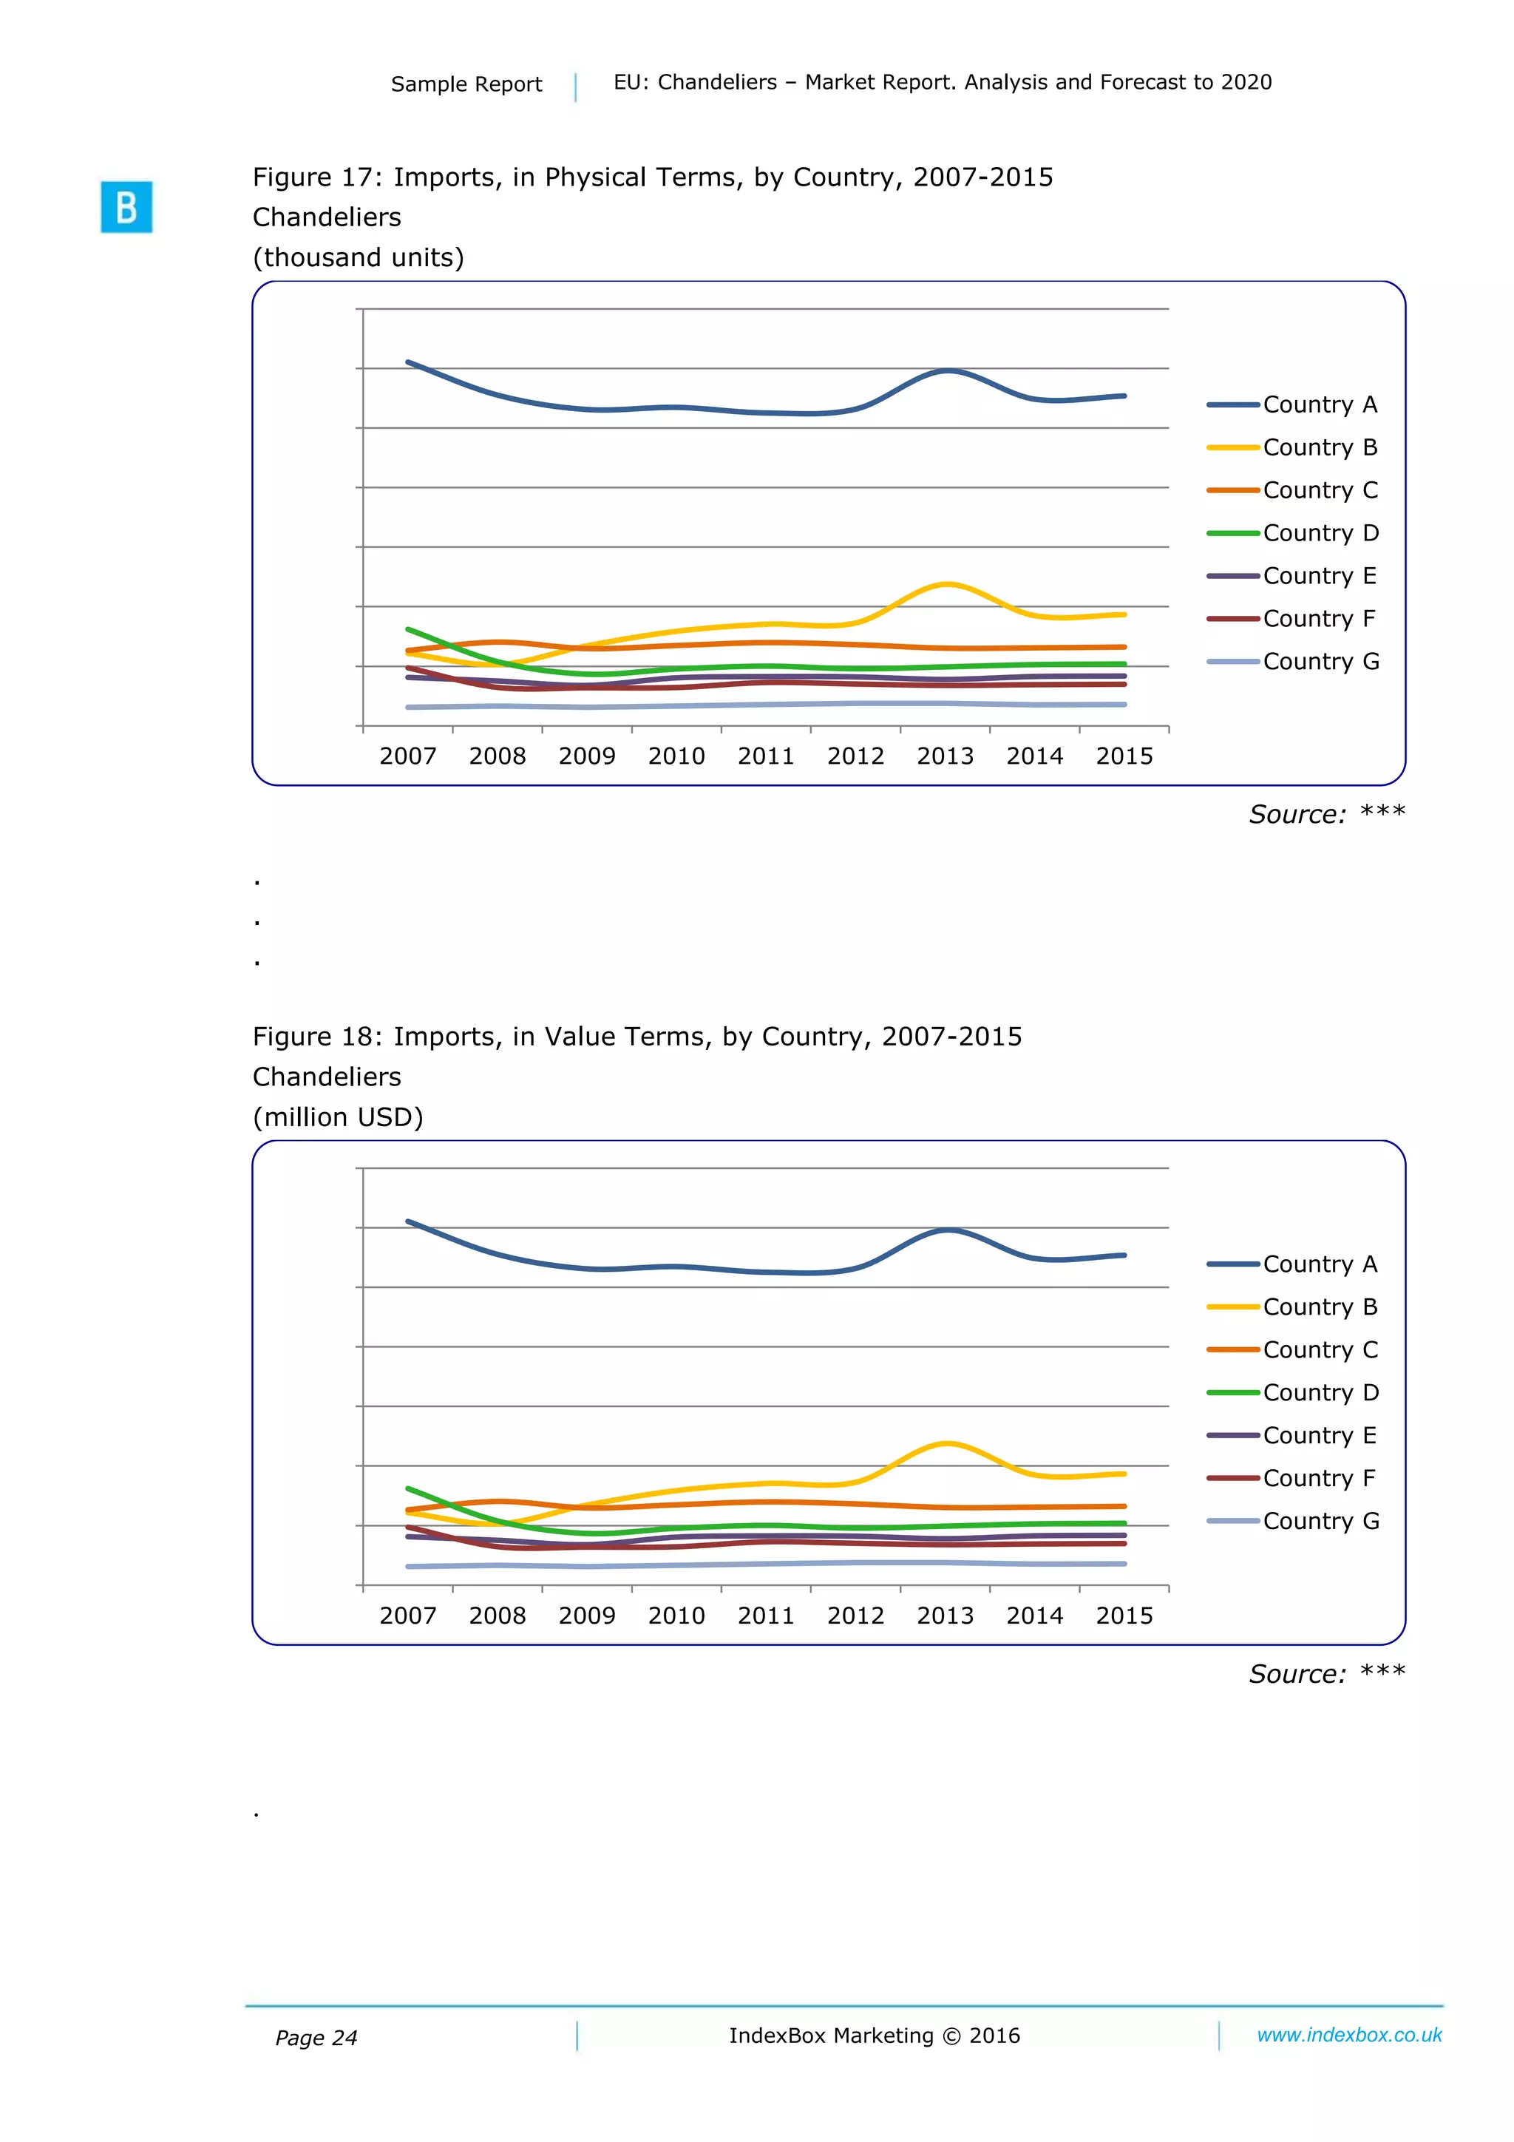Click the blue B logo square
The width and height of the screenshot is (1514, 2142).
(x=126, y=206)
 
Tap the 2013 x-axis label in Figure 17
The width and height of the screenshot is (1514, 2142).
(x=944, y=756)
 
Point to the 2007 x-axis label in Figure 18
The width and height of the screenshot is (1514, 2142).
(x=407, y=1616)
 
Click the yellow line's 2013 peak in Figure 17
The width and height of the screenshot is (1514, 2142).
(x=946, y=585)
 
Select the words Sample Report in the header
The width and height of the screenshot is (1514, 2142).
(x=466, y=84)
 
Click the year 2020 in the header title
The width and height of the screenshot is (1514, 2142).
(x=1246, y=82)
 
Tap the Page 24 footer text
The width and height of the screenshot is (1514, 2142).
(x=316, y=2038)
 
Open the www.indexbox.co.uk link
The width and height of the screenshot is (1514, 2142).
(x=1349, y=2035)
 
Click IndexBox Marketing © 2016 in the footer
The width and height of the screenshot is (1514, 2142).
(x=874, y=2036)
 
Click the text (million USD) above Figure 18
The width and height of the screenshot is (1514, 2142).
(x=338, y=1116)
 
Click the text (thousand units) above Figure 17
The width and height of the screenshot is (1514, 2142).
(x=359, y=257)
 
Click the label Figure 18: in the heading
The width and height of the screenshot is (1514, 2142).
(x=318, y=1037)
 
